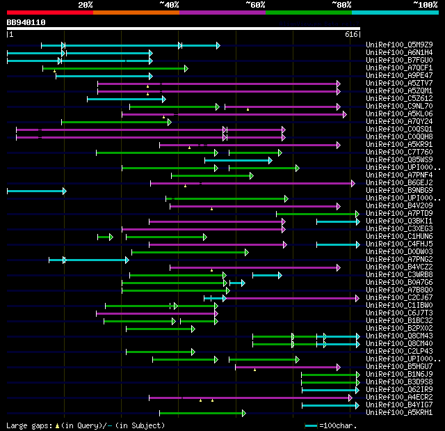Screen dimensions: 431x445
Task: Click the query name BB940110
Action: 26,22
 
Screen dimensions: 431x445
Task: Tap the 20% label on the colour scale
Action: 86,5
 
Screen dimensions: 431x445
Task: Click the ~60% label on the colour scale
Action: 255,5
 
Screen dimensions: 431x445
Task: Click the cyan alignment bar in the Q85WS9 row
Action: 238,160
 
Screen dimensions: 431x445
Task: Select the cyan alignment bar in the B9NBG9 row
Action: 36,191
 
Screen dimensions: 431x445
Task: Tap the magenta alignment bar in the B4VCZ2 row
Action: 254,267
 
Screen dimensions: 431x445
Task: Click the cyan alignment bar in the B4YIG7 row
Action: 330,405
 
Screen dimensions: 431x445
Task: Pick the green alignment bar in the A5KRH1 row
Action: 202,413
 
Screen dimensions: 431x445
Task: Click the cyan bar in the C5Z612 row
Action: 125,99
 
